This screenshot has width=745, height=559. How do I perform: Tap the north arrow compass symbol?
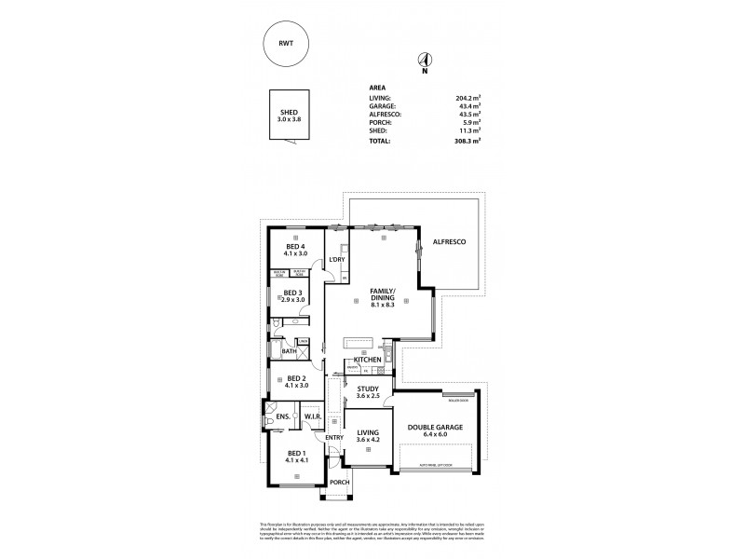[x=424, y=59]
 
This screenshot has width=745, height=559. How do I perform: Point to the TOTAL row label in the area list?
[x=382, y=142]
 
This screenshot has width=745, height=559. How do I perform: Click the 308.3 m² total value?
[x=467, y=142]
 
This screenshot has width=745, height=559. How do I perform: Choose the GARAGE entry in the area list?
[x=384, y=105]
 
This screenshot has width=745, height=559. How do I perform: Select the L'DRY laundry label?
[x=336, y=260]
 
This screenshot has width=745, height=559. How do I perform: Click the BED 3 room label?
[x=293, y=293]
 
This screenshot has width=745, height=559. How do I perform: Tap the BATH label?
[x=289, y=351]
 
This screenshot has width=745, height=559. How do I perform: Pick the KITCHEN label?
[x=367, y=359]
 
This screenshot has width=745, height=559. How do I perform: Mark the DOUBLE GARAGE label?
[x=436, y=429]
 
